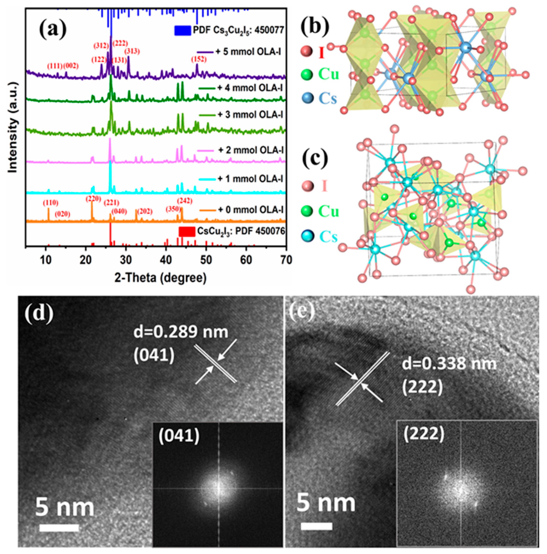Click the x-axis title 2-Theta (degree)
click(160, 278)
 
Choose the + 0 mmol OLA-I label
click(250, 210)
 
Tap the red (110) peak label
click(51, 203)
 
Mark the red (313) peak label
click(132, 51)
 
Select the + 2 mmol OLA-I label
click(250, 150)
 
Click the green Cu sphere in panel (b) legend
click(307, 75)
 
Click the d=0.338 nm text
click(449, 364)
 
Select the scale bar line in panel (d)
click(59, 528)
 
